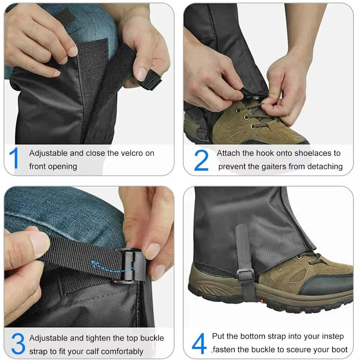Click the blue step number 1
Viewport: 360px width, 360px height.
pos(14,159)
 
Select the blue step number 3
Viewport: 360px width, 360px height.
pos(18,344)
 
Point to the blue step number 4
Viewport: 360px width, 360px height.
pos(199,344)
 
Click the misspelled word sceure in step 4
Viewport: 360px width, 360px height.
pos(305,349)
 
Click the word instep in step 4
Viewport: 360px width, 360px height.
pos(332,336)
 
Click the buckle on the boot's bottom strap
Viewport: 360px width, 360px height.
pos(246,276)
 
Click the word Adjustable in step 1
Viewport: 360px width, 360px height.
pos(48,153)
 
